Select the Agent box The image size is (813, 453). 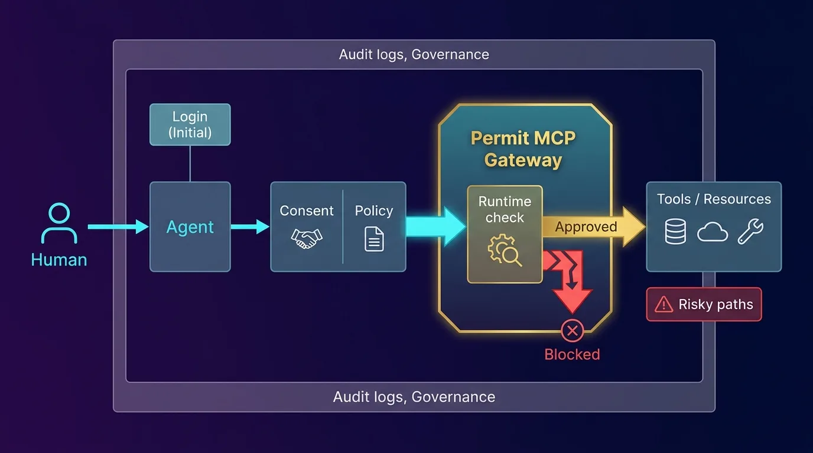(x=190, y=226)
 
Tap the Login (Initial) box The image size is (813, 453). (x=190, y=124)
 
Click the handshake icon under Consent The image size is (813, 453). (x=307, y=238)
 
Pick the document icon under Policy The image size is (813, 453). (x=374, y=239)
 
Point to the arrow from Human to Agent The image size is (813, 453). (x=118, y=226)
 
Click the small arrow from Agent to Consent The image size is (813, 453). (x=249, y=226)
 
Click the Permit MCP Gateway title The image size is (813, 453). (x=523, y=149)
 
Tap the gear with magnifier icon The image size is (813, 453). (x=504, y=251)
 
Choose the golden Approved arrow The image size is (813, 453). (x=591, y=227)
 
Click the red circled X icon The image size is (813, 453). (x=571, y=331)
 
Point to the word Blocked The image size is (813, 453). (x=572, y=354)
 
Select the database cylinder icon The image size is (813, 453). (x=675, y=232)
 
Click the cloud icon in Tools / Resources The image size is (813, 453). (x=712, y=232)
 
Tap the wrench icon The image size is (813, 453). (x=750, y=232)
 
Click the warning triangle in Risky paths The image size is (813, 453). (x=664, y=304)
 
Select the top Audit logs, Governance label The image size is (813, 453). (x=414, y=55)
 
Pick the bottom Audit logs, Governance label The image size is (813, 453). (x=414, y=397)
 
